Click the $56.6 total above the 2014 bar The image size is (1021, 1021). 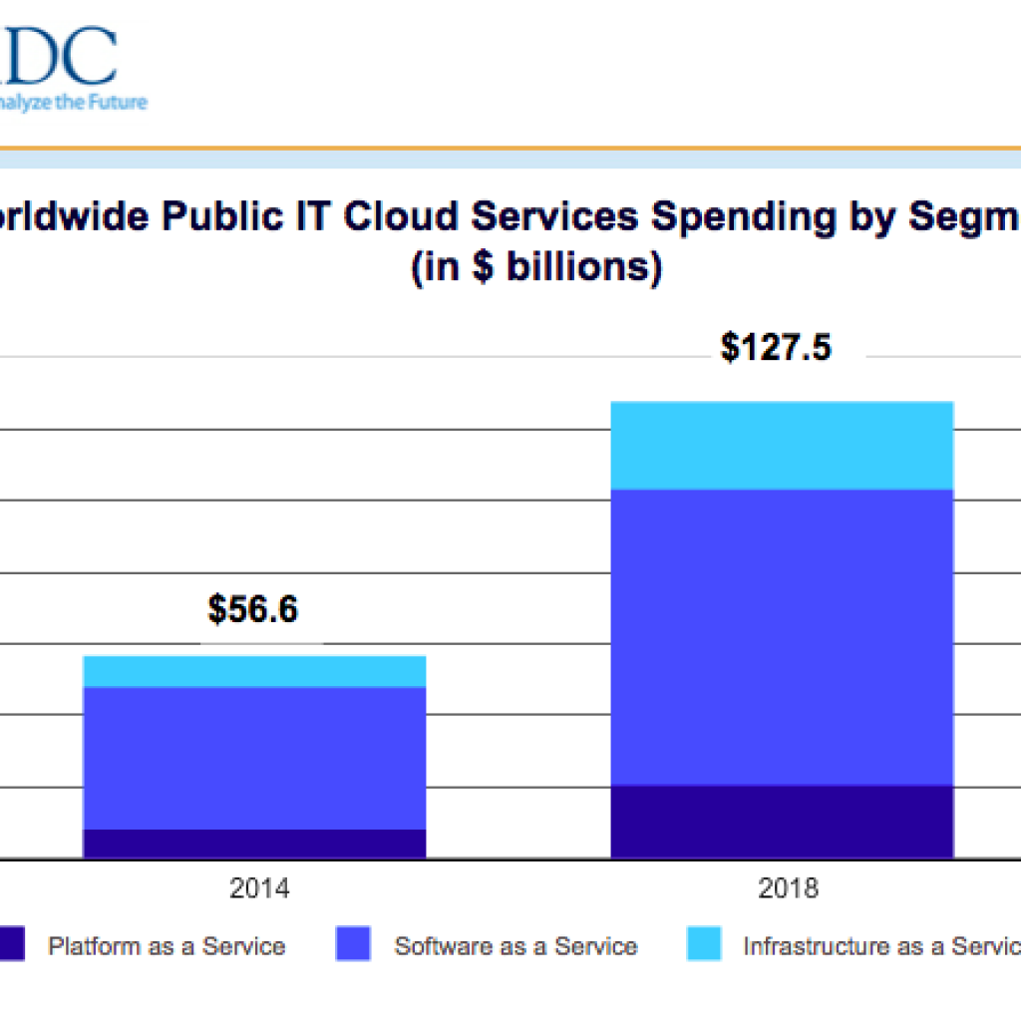click(252, 609)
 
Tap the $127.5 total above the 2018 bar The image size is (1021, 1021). click(776, 348)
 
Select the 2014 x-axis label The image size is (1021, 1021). click(259, 887)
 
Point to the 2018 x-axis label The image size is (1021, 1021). click(788, 887)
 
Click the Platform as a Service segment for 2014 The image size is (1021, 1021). click(254, 844)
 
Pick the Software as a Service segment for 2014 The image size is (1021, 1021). click(254, 758)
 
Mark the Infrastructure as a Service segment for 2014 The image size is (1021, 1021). click(254, 671)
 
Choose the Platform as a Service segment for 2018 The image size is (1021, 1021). click(782, 822)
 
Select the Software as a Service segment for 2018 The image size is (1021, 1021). click(782, 638)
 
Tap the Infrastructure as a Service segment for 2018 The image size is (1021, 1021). click(782, 446)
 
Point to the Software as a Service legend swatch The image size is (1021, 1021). click(353, 944)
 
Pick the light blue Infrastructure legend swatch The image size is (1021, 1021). click(704, 944)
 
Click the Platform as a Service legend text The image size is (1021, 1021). click(167, 946)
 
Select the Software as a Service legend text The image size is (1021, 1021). click(515, 946)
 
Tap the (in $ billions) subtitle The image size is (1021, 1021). click(536, 268)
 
